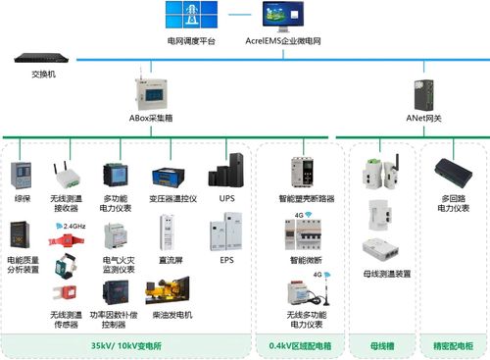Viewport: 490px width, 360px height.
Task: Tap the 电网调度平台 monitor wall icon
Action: pyautogui.click(x=190, y=18)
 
